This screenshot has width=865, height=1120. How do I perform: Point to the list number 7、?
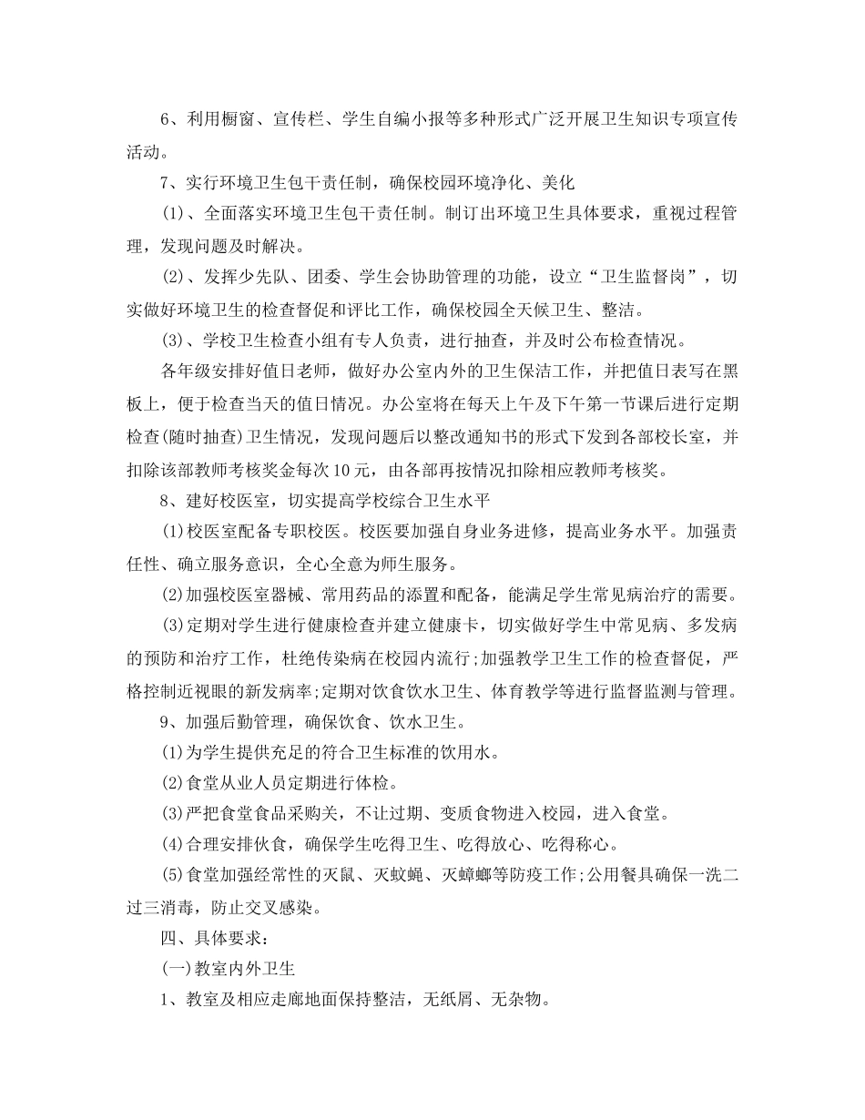[x=168, y=182]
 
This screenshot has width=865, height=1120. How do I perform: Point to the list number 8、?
[x=168, y=504]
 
